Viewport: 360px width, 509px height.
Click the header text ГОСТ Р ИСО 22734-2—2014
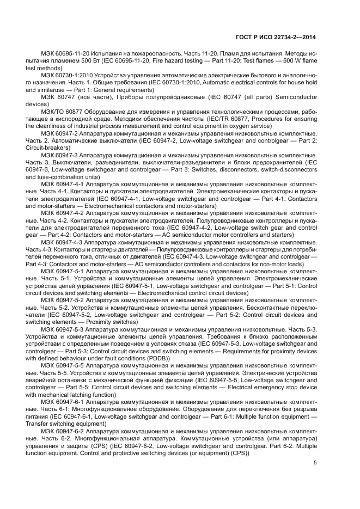[x=284, y=37]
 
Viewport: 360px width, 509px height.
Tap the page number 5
[x=315, y=463]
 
